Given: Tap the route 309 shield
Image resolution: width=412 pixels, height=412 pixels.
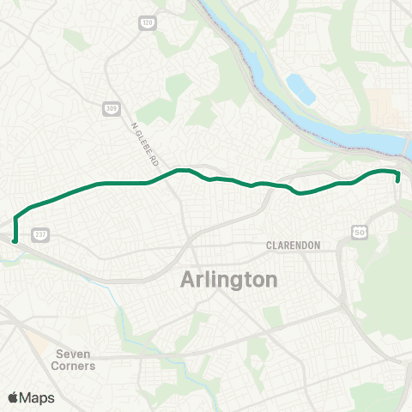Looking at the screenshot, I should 112,107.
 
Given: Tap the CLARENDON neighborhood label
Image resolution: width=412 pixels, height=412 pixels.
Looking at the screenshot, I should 293,245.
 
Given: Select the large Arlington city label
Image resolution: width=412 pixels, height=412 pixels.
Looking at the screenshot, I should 229,280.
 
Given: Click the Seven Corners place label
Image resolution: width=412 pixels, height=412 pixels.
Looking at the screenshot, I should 75,359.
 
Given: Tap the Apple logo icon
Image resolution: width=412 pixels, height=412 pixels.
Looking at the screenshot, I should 14,397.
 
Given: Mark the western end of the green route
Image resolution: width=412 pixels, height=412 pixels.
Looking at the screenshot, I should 15,228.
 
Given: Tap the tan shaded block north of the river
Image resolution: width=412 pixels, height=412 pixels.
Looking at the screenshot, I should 385,107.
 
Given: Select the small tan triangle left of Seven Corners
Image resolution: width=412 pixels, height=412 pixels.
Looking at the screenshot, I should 38,342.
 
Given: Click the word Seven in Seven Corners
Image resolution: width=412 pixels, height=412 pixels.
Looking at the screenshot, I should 73,353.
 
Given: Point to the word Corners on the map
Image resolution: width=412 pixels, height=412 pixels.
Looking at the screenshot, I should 75,366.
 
